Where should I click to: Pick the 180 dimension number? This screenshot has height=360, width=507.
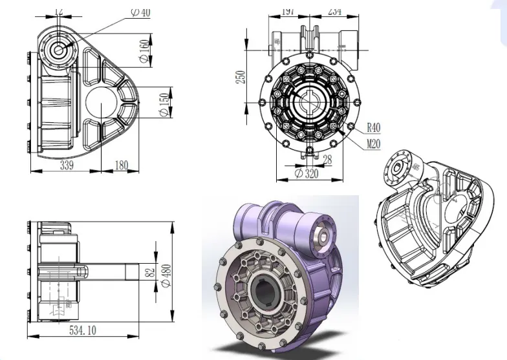(x=121, y=165)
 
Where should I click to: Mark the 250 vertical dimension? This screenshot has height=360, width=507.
(x=241, y=76)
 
